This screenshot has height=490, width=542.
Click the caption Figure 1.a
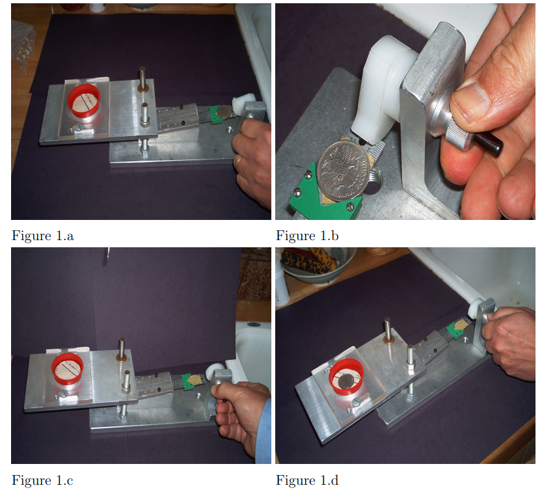point(42,236)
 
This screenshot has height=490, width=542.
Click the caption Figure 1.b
point(307,236)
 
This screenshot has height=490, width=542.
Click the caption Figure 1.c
point(42,480)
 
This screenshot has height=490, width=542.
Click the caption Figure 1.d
point(307,480)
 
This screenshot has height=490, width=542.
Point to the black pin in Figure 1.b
point(489,144)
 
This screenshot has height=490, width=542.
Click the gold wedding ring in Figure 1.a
point(240,161)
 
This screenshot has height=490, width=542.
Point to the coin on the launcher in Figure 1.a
point(224,112)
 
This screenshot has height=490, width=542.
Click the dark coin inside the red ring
point(347,382)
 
